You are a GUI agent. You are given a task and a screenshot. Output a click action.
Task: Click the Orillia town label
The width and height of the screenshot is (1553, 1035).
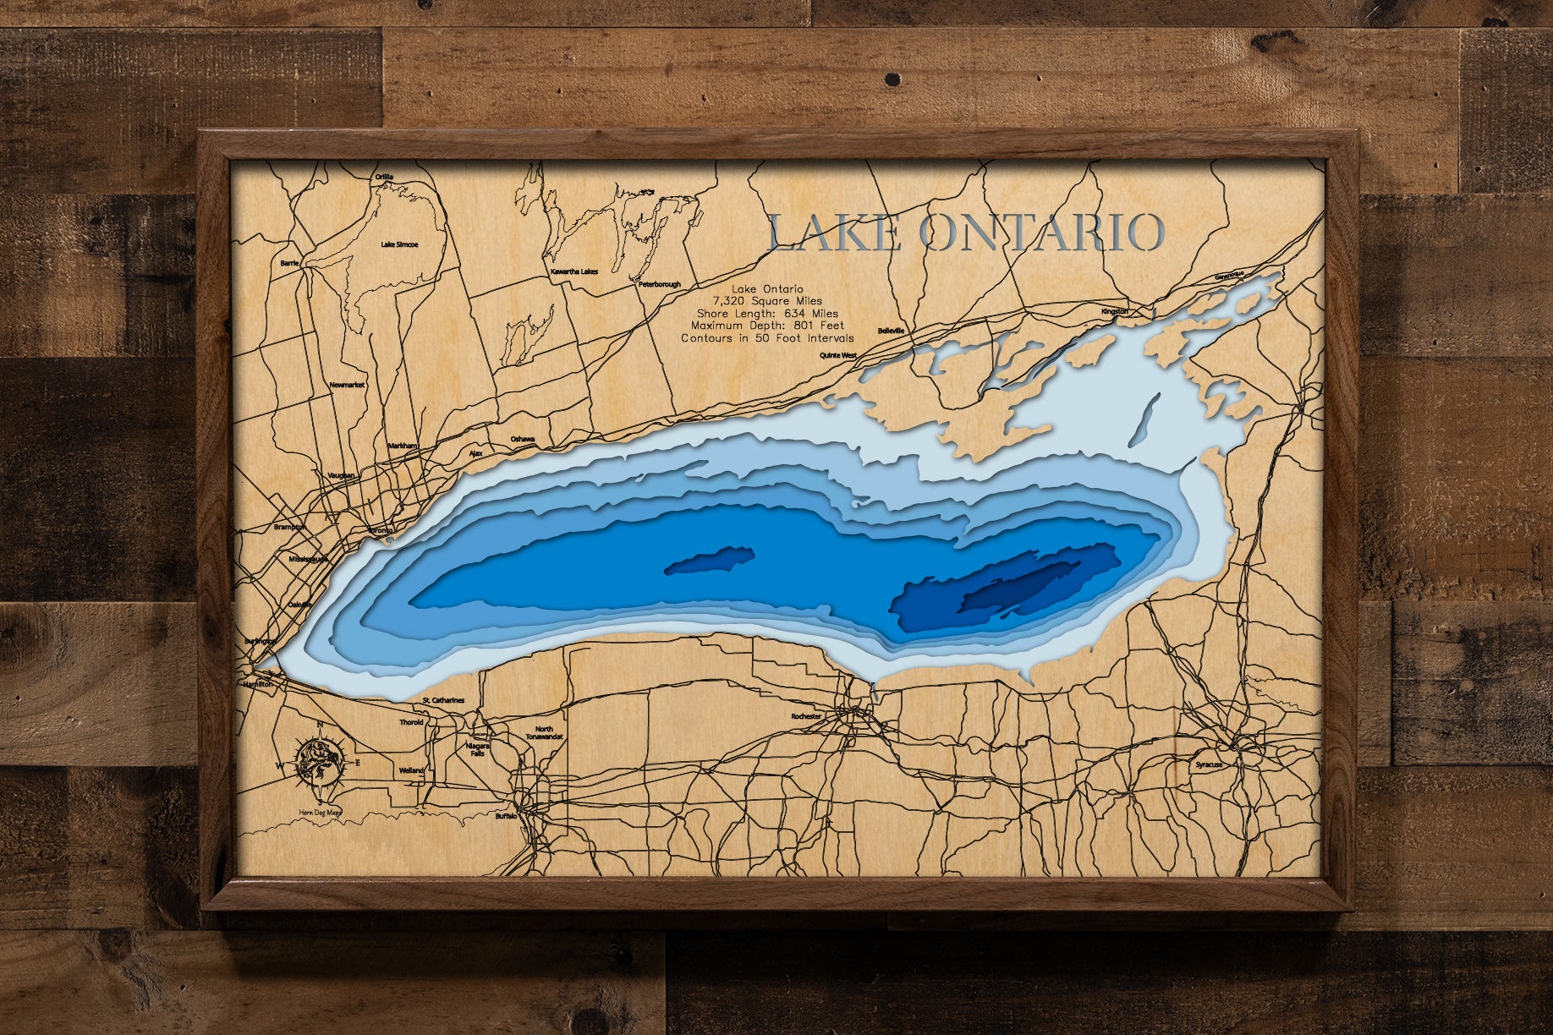point(385,177)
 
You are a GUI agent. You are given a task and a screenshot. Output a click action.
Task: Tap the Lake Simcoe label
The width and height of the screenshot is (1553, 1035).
point(399,244)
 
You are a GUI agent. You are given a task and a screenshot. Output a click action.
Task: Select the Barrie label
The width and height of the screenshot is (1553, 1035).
point(290,263)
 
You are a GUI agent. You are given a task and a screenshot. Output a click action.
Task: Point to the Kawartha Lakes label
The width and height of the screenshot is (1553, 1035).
point(574,272)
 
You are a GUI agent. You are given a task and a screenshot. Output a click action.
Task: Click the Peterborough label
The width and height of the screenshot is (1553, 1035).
point(659,285)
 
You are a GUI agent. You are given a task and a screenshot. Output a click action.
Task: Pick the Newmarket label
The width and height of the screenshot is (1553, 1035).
point(347,385)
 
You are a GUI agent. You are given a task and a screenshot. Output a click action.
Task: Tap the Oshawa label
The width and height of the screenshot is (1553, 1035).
point(523,440)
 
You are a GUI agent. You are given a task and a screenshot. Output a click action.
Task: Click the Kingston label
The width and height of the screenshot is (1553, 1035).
point(1114,311)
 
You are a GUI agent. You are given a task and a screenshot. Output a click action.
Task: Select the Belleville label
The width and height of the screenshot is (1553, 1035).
point(892,331)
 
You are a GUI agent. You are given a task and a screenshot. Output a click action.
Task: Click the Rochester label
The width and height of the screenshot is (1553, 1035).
point(805,716)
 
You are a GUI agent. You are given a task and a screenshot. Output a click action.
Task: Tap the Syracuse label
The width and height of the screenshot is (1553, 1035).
point(1209,764)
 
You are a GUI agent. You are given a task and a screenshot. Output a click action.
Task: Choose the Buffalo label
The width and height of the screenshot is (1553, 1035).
point(506,818)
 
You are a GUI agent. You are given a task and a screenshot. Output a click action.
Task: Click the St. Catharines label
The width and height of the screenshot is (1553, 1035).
point(443,701)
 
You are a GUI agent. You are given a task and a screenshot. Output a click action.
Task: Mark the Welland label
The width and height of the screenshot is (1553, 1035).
point(411,770)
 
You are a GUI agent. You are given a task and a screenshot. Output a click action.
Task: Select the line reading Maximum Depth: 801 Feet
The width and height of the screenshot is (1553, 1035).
point(767,326)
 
